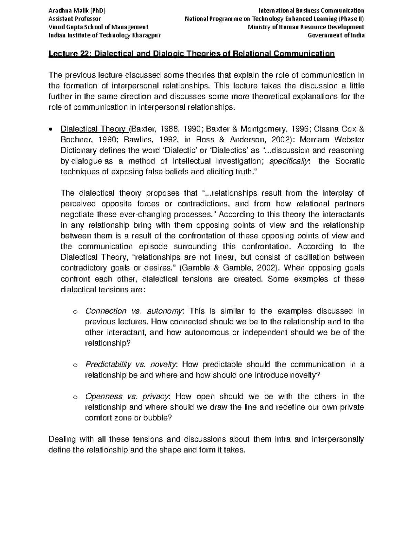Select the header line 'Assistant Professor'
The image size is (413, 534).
(x=75, y=19)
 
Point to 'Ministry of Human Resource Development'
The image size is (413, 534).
(x=306, y=27)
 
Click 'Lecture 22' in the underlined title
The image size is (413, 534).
(x=69, y=54)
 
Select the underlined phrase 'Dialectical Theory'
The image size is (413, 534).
(x=93, y=129)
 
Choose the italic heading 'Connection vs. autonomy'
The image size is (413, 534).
(x=134, y=311)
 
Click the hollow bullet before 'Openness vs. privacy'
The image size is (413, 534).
(x=75, y=397)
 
